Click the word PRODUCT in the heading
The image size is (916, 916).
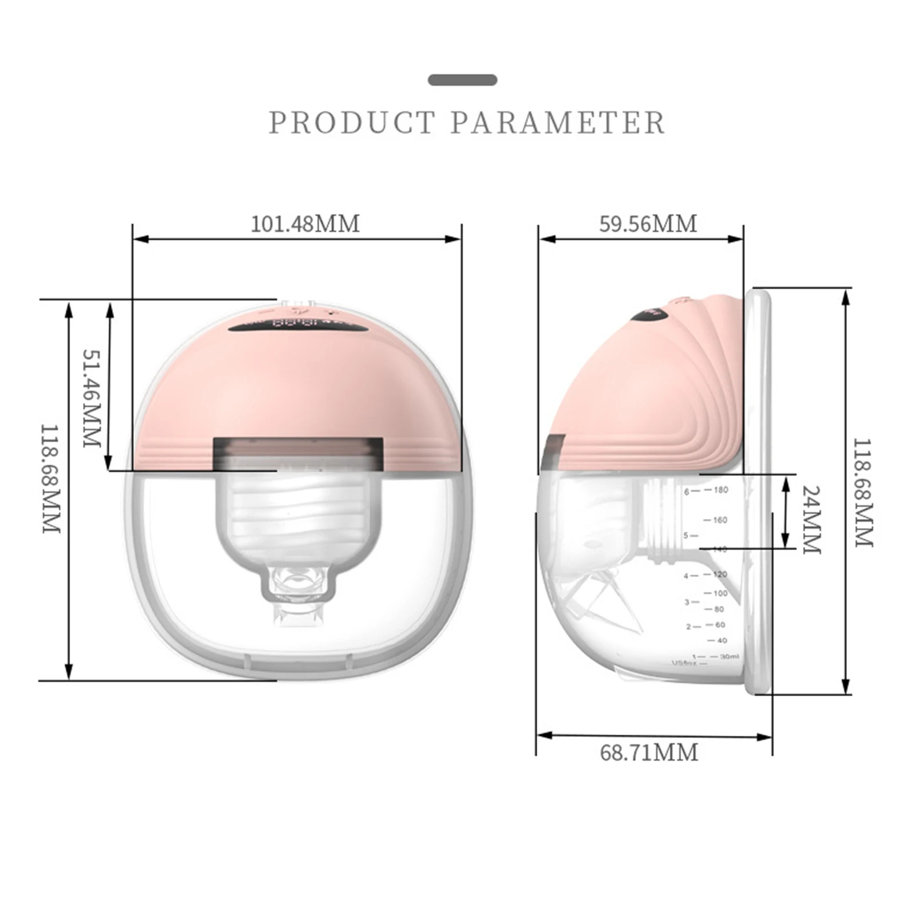pyautogui.click(x=352, y=122)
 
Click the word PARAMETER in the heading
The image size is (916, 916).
pyautogui.click(x=558, y=122)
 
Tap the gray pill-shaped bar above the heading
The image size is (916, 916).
pyautogui.click(x=462, y=80)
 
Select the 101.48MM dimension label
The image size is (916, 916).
pyautogui.click(x=306, y=224)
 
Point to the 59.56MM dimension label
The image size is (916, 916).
pyautogui.click(x=648, y=224)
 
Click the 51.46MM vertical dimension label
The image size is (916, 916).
pyautogui.click(x=92, y=398)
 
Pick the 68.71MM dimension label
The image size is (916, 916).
pyautogui.click(x=649, y=752)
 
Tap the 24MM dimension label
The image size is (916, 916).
pyautogui.click(x=811, y=520)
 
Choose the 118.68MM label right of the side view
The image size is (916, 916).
pyautogui.click(x=863, y=493)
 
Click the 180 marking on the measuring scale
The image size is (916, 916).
pyautogui.click(x=720, y=490)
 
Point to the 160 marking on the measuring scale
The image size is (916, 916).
pyautogui.click(x=720, y=520)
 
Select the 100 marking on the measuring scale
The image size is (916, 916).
pyautogui.click(x=720, y=593)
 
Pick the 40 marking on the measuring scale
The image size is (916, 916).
pyautogui.click(x=721, y=640)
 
